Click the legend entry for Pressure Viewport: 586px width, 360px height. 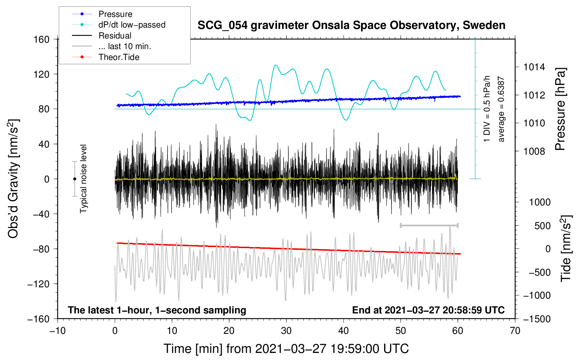pos(115,14)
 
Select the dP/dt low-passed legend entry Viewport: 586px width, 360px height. pos(132,25)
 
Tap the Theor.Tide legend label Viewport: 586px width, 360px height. pos(119,57)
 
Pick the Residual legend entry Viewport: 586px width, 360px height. pos(115,36)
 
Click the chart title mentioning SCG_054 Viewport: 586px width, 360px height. pos(351,25)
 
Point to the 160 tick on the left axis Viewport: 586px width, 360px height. pos(42,40)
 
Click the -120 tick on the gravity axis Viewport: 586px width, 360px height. pos(38,284)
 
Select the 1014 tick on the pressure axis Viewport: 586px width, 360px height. pos(534,67)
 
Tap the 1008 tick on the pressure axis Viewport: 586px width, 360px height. pos(534,151)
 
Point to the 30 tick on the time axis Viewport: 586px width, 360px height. pos(286,331)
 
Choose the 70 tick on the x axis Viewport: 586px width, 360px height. pos(515,331)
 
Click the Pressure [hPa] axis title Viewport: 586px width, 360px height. pos(560,109)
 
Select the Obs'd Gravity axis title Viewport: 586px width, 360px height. pos(13,179)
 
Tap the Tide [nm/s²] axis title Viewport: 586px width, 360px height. pos(566,248)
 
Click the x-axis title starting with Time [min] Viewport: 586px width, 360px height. pos(286,349)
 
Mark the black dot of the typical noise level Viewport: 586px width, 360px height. pos(74,179)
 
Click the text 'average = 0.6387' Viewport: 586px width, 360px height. pos(501,109)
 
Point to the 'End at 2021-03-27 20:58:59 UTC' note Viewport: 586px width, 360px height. pos(428,310)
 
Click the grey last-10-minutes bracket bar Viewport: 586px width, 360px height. pos(429,225)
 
